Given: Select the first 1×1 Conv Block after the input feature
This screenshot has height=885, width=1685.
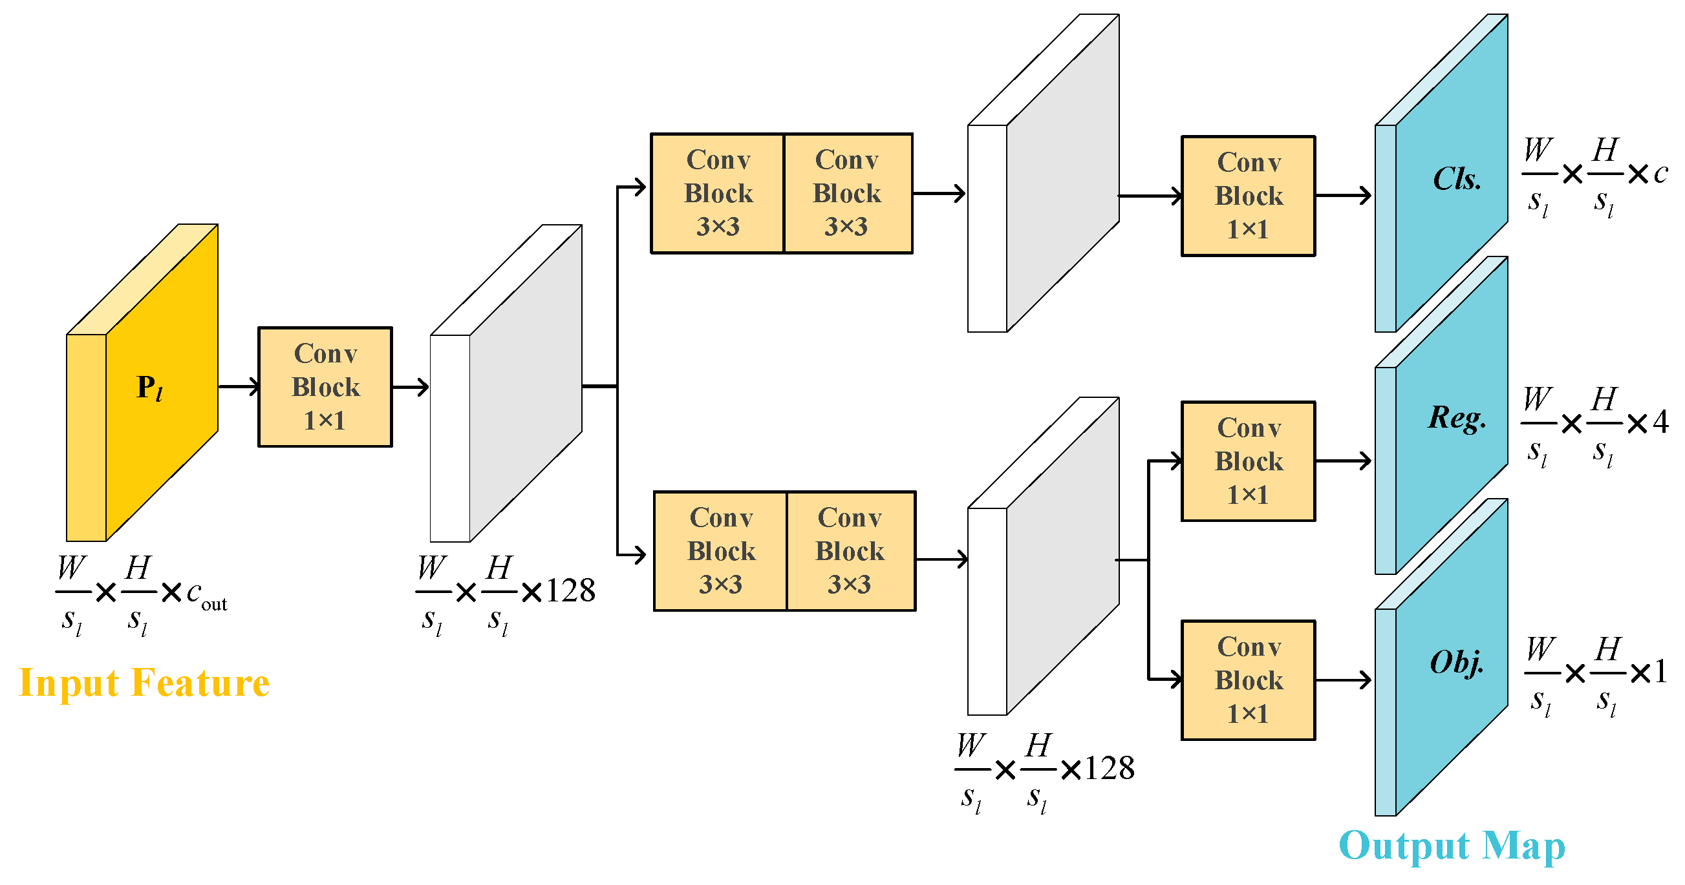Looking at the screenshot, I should point(325,387).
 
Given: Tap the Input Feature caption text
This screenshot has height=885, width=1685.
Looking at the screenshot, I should point(144,683).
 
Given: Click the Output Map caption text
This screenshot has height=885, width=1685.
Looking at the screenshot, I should point(1452,846).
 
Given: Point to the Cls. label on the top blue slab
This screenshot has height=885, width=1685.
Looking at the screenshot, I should point(1457,179).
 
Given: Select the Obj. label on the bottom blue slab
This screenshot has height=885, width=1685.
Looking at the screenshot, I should point(1457,663).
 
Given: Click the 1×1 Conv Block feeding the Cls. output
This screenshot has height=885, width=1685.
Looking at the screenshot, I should point(1248,196).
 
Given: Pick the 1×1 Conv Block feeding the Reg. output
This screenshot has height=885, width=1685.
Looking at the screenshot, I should point(1248,461).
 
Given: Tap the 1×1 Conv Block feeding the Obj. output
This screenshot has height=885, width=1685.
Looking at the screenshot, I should point(1248,680).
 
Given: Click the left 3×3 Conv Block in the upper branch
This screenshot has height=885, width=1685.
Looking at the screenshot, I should point(718,193).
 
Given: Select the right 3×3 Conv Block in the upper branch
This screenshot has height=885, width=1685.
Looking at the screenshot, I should point(847,193).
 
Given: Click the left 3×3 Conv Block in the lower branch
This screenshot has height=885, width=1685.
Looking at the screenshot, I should point(720,551).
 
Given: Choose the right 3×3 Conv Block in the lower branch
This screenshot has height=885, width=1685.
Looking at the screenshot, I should point(850,551).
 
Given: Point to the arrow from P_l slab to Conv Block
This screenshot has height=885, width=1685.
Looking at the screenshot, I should point(238,387).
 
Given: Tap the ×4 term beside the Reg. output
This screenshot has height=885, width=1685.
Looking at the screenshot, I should point(1649,423).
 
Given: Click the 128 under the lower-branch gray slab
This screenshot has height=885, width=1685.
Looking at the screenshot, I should point(1110,768).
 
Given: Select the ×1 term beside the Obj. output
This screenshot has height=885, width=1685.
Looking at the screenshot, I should point(1649,672).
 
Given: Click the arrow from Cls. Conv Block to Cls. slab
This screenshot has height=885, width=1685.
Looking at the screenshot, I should point(1342,196).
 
